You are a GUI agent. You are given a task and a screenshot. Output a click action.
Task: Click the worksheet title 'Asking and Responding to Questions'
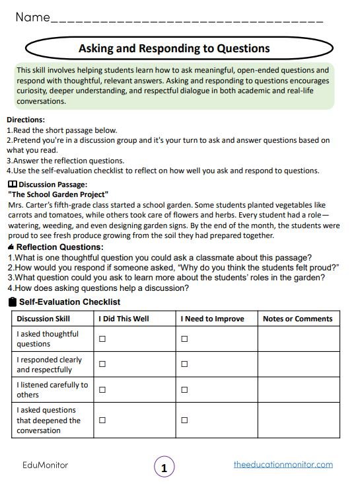pyautogui.click(x=174, y=48)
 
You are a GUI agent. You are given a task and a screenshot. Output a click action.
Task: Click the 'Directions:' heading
pyautogui.click(x=26, y=120)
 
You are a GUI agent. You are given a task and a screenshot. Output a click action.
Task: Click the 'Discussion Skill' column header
pyautogui.click(x=43, y=319)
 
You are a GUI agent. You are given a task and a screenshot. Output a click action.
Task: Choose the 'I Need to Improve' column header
pyautogui.click(x=212, y=319)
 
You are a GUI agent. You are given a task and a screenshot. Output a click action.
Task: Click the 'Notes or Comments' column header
pyautogui.click(x=297, y=319)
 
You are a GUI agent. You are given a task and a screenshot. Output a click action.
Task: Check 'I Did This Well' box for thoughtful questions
pyautogui.click(x=102, y=339)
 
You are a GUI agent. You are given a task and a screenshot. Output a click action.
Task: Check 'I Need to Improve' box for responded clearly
pyautogui.click(x=184, y=364)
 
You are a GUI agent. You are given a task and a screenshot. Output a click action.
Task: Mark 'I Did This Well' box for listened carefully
pyautogui.click(x=102, y=389)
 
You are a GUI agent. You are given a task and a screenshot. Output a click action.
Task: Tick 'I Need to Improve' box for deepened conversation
pyautogui.click(x=184, y=420)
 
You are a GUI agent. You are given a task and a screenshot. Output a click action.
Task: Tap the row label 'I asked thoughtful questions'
pyautogui.click(x=48, y=339)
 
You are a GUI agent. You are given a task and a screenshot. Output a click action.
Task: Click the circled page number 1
pyautogui.click(x=164, y=467)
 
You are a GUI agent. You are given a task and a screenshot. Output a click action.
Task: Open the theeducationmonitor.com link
pyautogui.click(x=283, y=464)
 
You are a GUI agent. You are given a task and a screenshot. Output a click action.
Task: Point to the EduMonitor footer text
pyautogui.click(x=46, y=465)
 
